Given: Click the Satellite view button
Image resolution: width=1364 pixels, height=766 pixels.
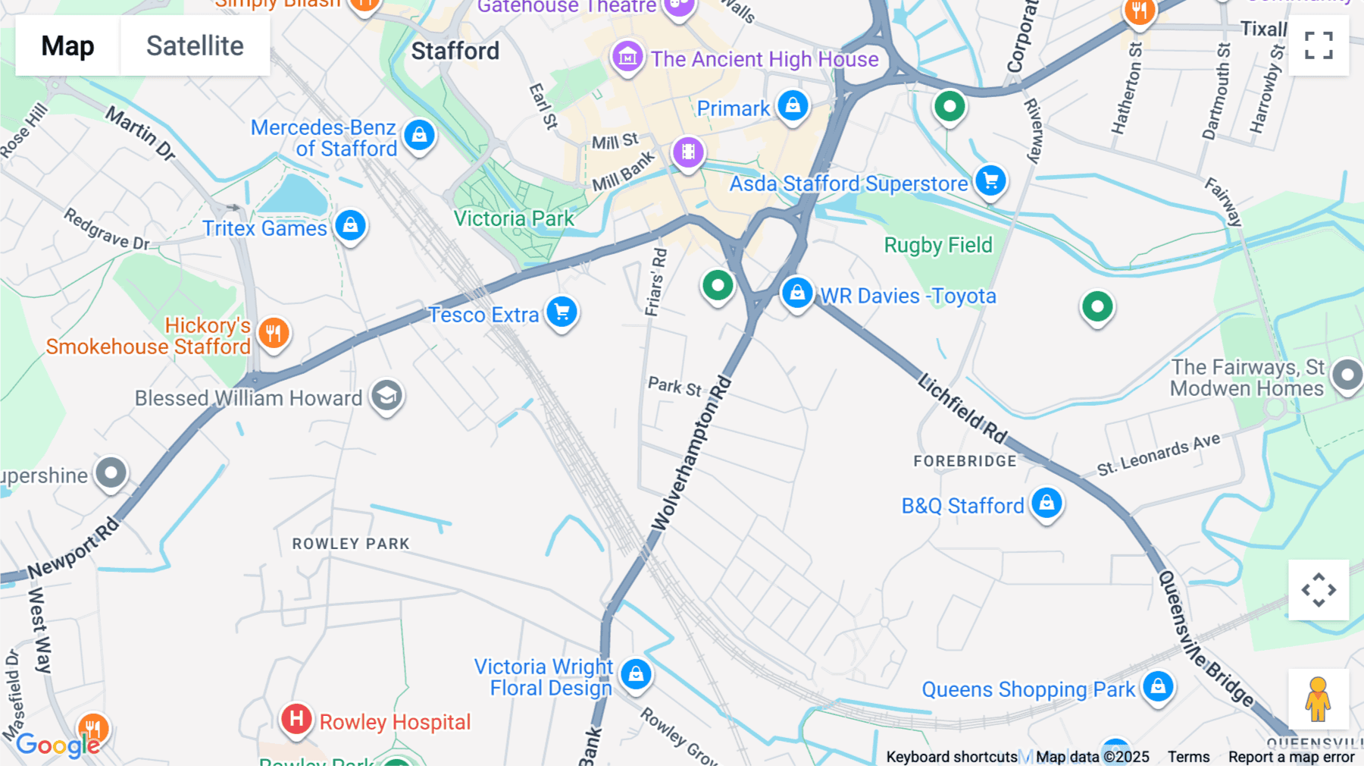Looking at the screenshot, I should click(195, 46).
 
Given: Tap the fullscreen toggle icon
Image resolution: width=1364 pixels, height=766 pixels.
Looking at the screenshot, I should click(1319, 46).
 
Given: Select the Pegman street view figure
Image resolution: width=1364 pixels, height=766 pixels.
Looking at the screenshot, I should click(1318, 699).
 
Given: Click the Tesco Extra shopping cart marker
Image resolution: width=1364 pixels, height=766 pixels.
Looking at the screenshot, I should click(562, 312).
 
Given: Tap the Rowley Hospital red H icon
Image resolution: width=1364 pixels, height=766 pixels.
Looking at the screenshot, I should click(296, 718).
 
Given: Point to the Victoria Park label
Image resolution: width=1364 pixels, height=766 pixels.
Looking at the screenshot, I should click(514, 218).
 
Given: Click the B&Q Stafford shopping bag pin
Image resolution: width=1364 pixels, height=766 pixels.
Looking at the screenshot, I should click(1046, 503).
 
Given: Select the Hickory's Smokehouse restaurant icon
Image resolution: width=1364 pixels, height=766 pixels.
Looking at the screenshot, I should click(274, 333).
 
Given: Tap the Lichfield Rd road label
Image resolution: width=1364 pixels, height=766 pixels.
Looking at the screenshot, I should click(962, 408).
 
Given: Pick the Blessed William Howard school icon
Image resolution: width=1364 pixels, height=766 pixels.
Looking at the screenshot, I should click(386, 395).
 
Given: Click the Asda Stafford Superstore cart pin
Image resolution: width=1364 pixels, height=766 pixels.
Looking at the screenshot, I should click(990, 181).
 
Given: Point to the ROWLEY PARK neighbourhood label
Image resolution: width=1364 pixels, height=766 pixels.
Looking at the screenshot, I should click(351, 544).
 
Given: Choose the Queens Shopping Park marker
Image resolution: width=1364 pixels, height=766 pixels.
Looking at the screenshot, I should click(1157, 686).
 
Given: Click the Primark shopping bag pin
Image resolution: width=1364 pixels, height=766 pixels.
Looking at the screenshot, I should click(793, 105).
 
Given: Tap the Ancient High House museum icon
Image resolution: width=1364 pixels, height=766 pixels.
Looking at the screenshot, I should click(627, 56).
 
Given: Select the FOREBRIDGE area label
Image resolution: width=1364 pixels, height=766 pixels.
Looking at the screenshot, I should click(965, 461).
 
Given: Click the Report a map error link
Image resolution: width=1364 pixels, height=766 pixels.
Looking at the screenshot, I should click(1290, 757).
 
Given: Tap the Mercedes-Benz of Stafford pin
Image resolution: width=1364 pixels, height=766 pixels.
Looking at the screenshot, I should click(419, 136).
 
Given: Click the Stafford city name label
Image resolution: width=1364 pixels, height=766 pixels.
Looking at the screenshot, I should click(455, 51).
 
